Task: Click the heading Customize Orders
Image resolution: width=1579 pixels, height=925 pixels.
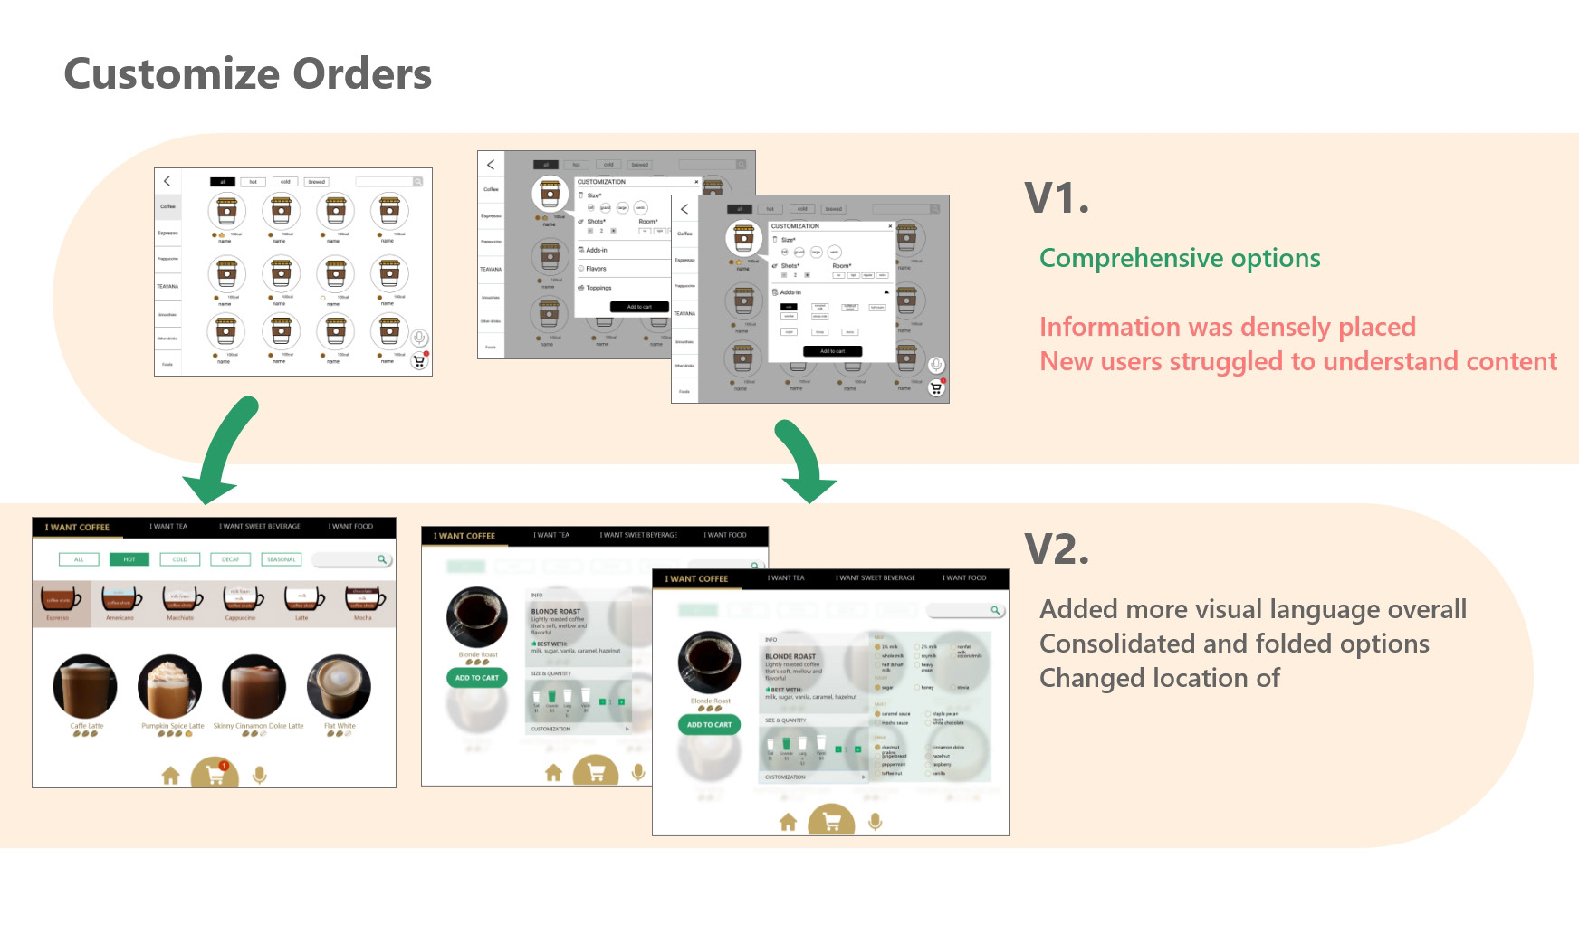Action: point(247,74)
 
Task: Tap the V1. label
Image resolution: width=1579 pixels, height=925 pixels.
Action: point(1057,197)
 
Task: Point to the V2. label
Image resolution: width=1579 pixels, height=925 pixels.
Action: point(1057,548)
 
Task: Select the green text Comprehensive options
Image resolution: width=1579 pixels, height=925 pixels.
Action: point(1179,258)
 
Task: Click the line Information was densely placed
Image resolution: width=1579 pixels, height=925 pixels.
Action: point(1227,327)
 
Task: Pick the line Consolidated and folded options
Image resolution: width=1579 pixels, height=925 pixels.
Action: point(1234,644)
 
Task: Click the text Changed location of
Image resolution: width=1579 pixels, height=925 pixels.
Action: point(1159,678)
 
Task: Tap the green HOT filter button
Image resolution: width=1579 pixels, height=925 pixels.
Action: point(129,559)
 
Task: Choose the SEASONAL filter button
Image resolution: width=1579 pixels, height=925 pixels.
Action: point(281,559)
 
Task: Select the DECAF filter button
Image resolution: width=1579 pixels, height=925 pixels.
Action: point(230,559)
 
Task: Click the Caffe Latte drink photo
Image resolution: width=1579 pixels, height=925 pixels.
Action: point(85,686)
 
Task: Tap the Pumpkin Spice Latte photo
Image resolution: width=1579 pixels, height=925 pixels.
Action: point(169,686)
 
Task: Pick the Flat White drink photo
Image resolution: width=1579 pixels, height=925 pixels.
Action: point(339,686)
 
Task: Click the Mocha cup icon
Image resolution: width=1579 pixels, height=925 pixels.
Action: point(362,599)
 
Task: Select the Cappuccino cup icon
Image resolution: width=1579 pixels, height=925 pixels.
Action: point(241,599)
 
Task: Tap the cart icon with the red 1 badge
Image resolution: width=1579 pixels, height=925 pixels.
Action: point(215,776)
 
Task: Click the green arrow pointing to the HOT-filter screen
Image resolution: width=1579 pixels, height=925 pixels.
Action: point(222,450)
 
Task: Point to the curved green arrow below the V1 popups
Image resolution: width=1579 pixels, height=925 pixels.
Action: point(801,462)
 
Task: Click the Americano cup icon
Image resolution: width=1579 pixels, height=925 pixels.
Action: point(120,599)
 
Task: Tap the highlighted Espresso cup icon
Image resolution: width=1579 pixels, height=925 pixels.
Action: point(59,599)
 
